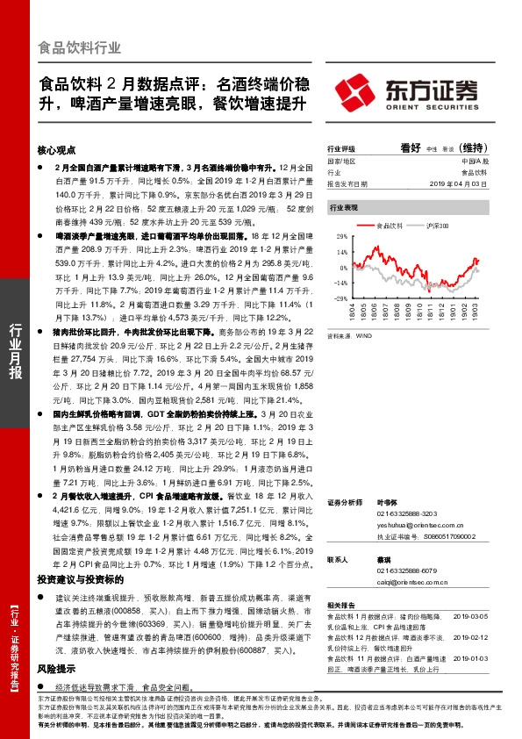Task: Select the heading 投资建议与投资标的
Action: (x=85, y=580)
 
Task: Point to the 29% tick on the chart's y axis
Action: (x=338, y=238)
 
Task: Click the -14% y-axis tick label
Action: (x=337, y=283)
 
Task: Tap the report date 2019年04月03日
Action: (x=462, y=183)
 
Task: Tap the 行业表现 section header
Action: (x=343, y=208)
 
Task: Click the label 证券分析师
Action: (x=343, y=501)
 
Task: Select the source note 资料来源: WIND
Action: (x=349, y=335)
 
